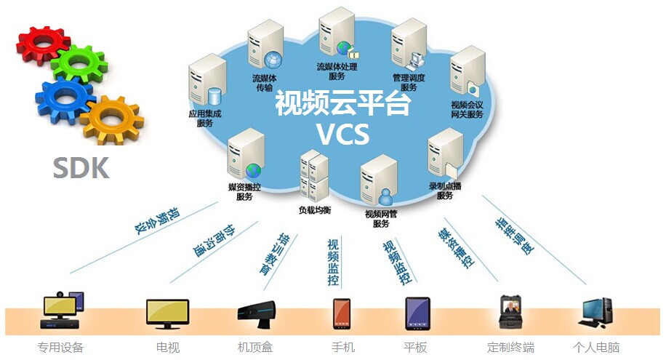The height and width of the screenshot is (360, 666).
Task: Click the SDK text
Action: (x=81, y=168)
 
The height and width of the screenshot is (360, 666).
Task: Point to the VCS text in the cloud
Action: (x=342, y=134)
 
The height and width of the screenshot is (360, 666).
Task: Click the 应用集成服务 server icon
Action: (x=204, y=85)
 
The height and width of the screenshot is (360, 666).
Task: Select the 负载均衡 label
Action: (x=314, y=210)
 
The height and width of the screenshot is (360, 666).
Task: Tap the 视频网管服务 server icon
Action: (x=379, y=180)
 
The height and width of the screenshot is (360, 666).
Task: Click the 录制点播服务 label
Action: (x=445, y=191)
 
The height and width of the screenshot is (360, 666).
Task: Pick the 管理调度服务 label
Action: (x=409, y=82)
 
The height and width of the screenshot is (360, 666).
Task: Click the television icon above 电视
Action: (x=167, y=313)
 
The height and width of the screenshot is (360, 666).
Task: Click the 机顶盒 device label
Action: (x=255, y=348)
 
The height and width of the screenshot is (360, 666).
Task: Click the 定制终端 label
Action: (x=510, y=348)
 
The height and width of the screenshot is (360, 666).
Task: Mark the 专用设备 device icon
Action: (x=63, y=311)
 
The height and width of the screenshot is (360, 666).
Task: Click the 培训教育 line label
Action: (x=270, y=254)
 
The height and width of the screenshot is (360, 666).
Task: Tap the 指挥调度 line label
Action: (x=513, y=236)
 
